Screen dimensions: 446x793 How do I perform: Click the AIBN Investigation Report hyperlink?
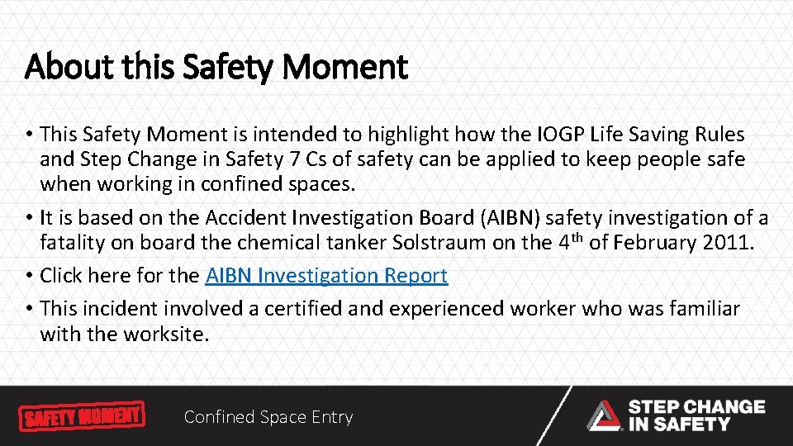(326, 275)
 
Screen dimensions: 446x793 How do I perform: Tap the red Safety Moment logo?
(82, 415)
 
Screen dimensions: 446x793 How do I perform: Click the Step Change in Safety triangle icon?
(604, 415)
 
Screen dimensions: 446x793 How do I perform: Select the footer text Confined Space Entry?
(268, 417)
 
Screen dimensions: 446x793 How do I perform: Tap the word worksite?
(165, 334)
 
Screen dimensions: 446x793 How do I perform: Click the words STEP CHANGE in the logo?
(696, 406)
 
